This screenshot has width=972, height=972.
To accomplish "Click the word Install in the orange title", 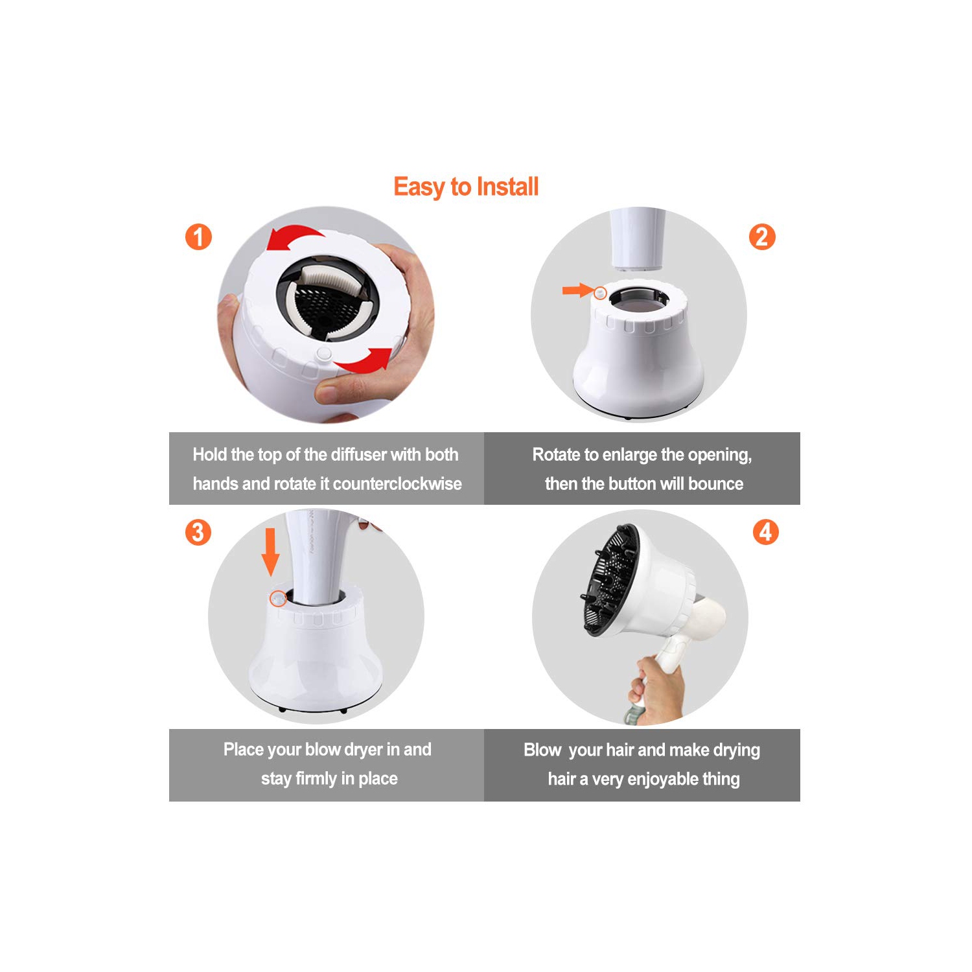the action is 507,187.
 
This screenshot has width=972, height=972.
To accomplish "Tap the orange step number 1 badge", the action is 198,237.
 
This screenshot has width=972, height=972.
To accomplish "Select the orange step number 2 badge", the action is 762,237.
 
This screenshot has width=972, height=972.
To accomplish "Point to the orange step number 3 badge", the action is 198,533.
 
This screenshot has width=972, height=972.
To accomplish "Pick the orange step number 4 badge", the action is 765,532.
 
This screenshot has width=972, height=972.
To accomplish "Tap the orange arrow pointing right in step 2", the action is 578,290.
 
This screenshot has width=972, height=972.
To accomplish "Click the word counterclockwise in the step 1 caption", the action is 397,484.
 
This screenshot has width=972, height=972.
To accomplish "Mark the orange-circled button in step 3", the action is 278,598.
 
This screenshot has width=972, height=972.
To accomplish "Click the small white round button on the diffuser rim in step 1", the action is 324,354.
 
